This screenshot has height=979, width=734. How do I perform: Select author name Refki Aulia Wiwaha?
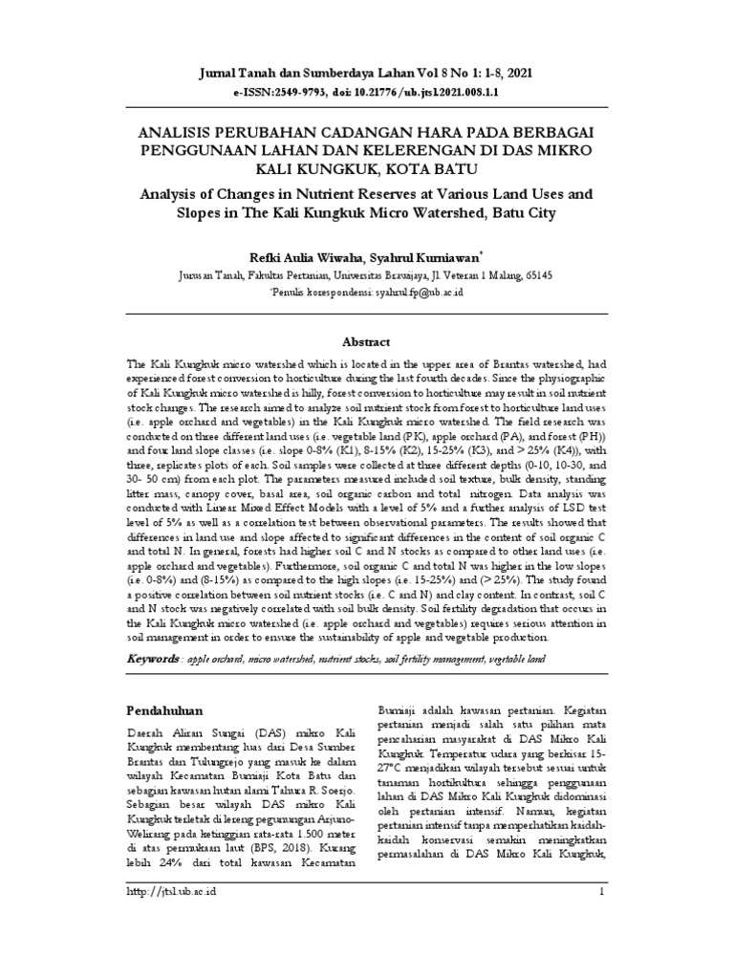point(301,256)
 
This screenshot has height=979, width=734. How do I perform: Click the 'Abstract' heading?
point(366,341)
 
